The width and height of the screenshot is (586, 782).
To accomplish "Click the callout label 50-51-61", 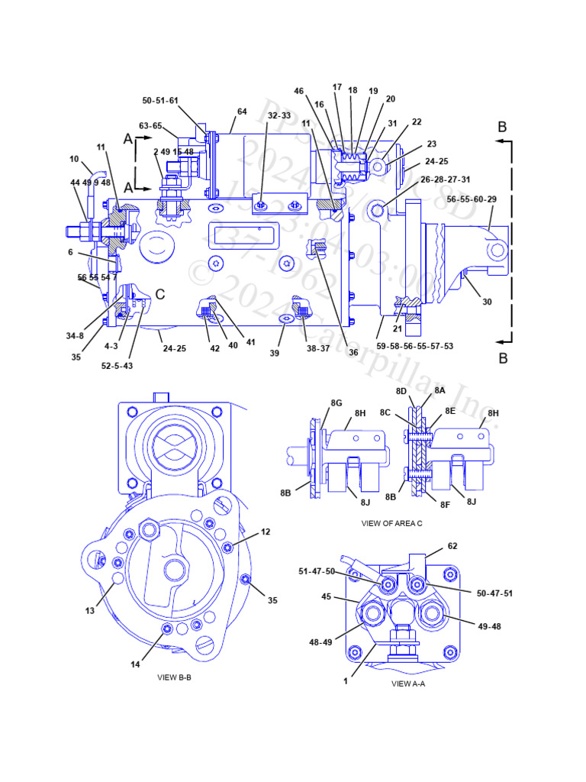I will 160,101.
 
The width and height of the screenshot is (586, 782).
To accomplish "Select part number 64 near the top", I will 242,111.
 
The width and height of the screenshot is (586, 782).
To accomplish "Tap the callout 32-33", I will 279,115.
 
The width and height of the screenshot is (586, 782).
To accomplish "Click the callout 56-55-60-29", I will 472,199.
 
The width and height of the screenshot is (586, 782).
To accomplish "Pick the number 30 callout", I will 487,302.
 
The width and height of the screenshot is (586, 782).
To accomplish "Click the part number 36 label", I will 353,352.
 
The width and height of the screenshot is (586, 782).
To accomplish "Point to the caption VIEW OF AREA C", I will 393,524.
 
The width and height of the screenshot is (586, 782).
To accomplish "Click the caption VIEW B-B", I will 174,677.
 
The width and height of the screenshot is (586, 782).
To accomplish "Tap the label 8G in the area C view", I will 336,402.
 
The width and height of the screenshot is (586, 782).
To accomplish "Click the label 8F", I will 444,506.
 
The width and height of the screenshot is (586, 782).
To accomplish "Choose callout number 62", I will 452,546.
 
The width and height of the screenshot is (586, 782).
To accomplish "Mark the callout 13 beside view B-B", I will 91,610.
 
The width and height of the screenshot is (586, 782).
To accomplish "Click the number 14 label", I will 135,664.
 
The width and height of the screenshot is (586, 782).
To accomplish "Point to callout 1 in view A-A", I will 345,681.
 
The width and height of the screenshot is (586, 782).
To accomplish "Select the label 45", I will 326,597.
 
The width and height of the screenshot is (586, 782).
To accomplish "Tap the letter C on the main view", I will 160,294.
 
